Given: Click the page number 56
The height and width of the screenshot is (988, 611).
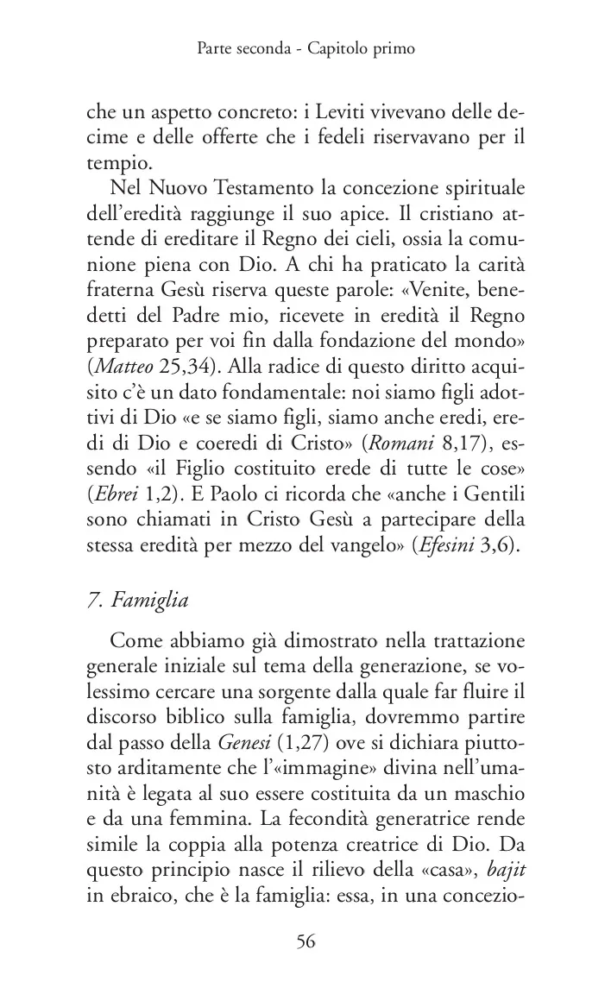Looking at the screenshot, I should [x=305, y=941].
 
